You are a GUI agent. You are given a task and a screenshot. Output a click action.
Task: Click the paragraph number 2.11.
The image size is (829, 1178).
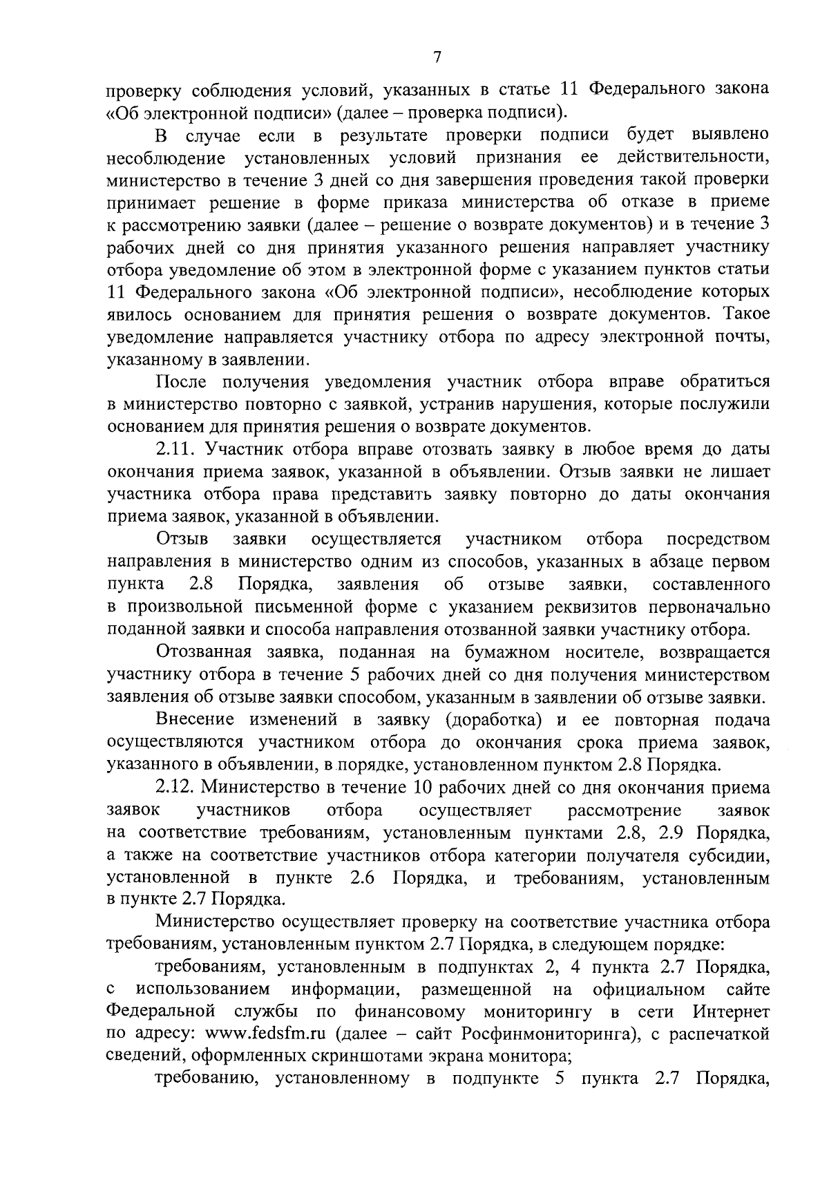[x=179, y=449]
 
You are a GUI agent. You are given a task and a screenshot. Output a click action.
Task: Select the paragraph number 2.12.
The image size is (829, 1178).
[x=179, y=788]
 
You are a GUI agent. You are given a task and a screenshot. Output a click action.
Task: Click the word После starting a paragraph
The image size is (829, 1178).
[x=182, y=382]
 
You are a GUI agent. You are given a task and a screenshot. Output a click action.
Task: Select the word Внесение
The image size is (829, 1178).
[x=193, y=720]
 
